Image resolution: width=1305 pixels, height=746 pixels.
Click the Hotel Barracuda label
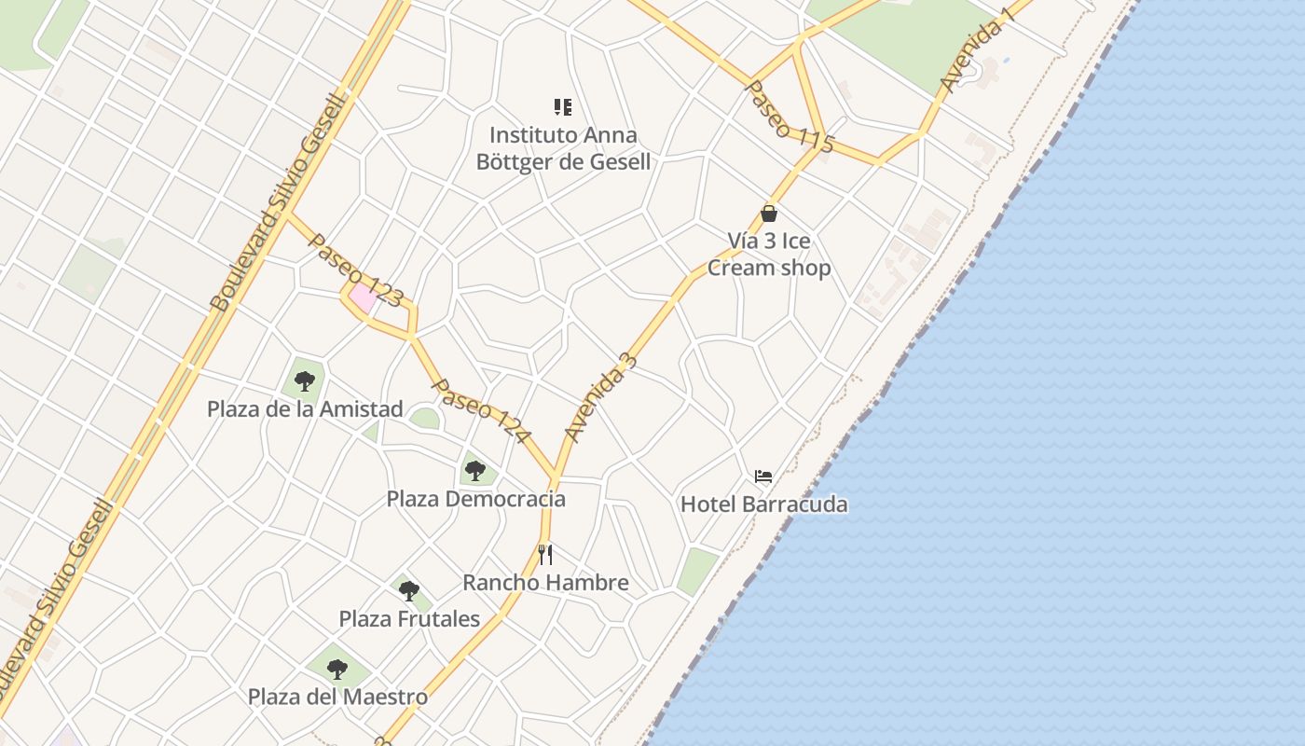pyautogui.click(x=763, y=504)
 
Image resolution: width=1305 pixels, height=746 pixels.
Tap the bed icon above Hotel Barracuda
pyautogui.click(x=763, y=477)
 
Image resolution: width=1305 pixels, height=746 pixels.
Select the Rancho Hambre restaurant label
pyautogui.click(x=545, y=583)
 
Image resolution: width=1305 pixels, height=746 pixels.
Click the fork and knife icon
pyautogui.click(x=545, y=555)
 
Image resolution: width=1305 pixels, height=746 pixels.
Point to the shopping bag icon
pyautogui.click(x=769, y=214)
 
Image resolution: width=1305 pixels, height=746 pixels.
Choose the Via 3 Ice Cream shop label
pyautogui.click(x=769, y=255)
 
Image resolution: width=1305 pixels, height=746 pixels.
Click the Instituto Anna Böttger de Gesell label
pyautogui.click(x=563, y=148)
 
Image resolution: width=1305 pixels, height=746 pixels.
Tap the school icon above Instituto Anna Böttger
pyautogui.click(x=562, y=107)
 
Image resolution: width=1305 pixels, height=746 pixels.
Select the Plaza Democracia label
pyautogui.click(x=475, y=499)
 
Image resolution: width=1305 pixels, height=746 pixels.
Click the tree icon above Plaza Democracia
pyautogui.click(x=475, y=470)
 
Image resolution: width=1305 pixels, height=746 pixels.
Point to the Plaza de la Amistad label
pyautogui.click(x=305, y=408)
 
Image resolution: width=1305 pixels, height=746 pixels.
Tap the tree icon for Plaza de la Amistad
pyautogui.click(x=304, y=380)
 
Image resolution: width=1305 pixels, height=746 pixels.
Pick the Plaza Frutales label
pyautogui.click(x=409, y=618)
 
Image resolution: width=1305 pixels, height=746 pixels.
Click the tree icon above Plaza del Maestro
pyautogui.click(x=337, y=669)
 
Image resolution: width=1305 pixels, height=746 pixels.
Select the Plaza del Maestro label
pyautogui.click(x=337, y=697)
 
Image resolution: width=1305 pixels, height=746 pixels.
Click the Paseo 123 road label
pyautogui.click(x=355, y=270)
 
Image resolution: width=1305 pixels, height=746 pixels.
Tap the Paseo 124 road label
pyautogui.click(x=482, y=410)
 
